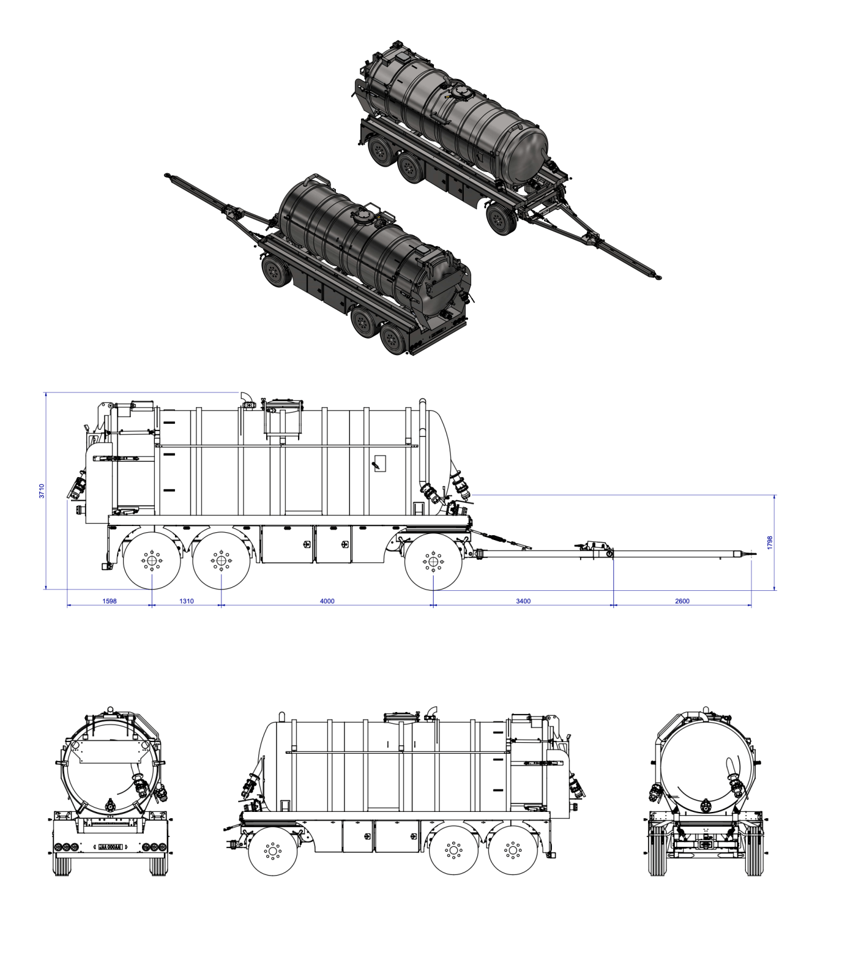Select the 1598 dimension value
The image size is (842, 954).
[109, 601]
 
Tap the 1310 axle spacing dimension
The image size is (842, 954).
[186, 601]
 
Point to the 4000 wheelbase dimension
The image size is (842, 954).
[327, 601]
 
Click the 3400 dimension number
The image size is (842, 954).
[523, 601]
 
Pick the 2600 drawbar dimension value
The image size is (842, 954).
[682, 601]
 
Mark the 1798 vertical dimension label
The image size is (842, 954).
[770, 543]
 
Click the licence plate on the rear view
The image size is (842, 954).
[110, 847]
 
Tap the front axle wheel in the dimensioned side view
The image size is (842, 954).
[433, 562]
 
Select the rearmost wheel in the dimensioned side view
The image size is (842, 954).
[152, 561]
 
